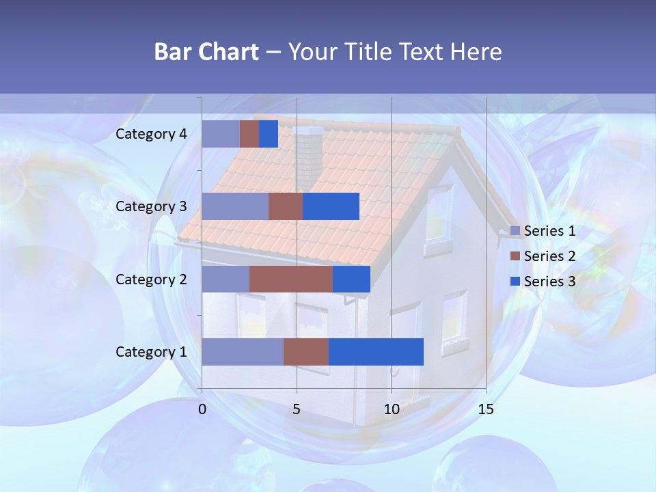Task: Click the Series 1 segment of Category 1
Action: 243,351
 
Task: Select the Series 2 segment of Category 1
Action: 306,351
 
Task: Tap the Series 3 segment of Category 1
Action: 376,351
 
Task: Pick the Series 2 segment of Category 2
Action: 291,279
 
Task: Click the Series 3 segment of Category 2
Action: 351,279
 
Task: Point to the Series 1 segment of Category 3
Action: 235,206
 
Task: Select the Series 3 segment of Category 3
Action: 331,206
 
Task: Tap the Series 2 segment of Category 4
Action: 249,134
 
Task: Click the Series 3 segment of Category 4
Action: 269,134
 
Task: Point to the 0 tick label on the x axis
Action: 202,409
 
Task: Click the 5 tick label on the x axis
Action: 297,409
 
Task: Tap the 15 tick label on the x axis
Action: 485,409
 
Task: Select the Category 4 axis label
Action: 151,134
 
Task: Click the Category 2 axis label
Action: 151,279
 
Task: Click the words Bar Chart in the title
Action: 206,51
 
